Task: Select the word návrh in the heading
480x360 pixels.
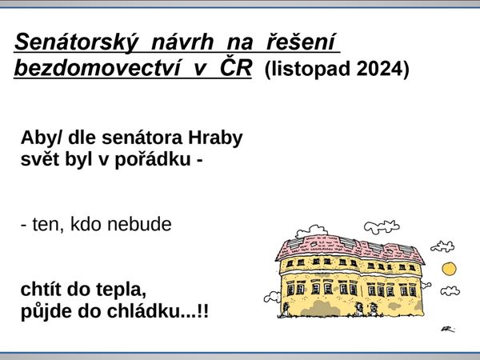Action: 182,42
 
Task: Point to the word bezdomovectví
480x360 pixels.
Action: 97,68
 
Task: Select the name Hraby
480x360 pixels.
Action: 215,138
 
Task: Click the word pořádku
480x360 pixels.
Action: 153,160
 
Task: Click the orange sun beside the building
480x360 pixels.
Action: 449,269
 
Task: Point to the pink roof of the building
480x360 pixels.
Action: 349,247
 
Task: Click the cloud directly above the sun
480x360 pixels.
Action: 442,246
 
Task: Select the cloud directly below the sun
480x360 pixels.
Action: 450,291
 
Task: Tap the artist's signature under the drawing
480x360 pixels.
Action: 448,330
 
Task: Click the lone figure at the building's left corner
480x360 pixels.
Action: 286,309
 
